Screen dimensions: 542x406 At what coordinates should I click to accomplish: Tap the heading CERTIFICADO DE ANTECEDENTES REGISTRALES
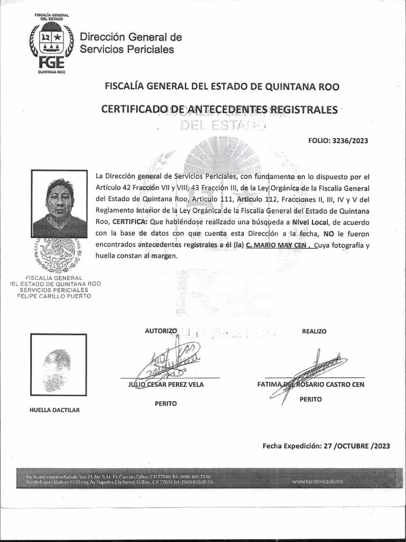tap(219, 110)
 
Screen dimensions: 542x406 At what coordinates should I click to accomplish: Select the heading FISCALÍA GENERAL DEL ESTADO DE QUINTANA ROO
tap(222, 86)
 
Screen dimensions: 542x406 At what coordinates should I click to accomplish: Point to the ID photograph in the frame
tap(59, 204)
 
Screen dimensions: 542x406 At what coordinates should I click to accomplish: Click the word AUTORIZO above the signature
tap(161, 331)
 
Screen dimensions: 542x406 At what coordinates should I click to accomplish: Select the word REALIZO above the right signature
tap(314, 331)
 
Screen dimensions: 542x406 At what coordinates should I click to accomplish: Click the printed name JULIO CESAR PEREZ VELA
tap(166, 385)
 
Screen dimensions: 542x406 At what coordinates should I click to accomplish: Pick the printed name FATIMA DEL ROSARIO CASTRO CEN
tap(310, 384)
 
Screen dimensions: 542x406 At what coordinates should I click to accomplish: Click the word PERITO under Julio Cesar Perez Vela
tap(165, 403)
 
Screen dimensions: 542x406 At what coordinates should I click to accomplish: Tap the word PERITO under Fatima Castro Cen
tap(310, 399)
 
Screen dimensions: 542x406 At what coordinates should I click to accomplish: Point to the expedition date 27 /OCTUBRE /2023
tap(356, 446)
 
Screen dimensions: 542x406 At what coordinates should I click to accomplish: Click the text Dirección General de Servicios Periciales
tap(131, 43)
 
